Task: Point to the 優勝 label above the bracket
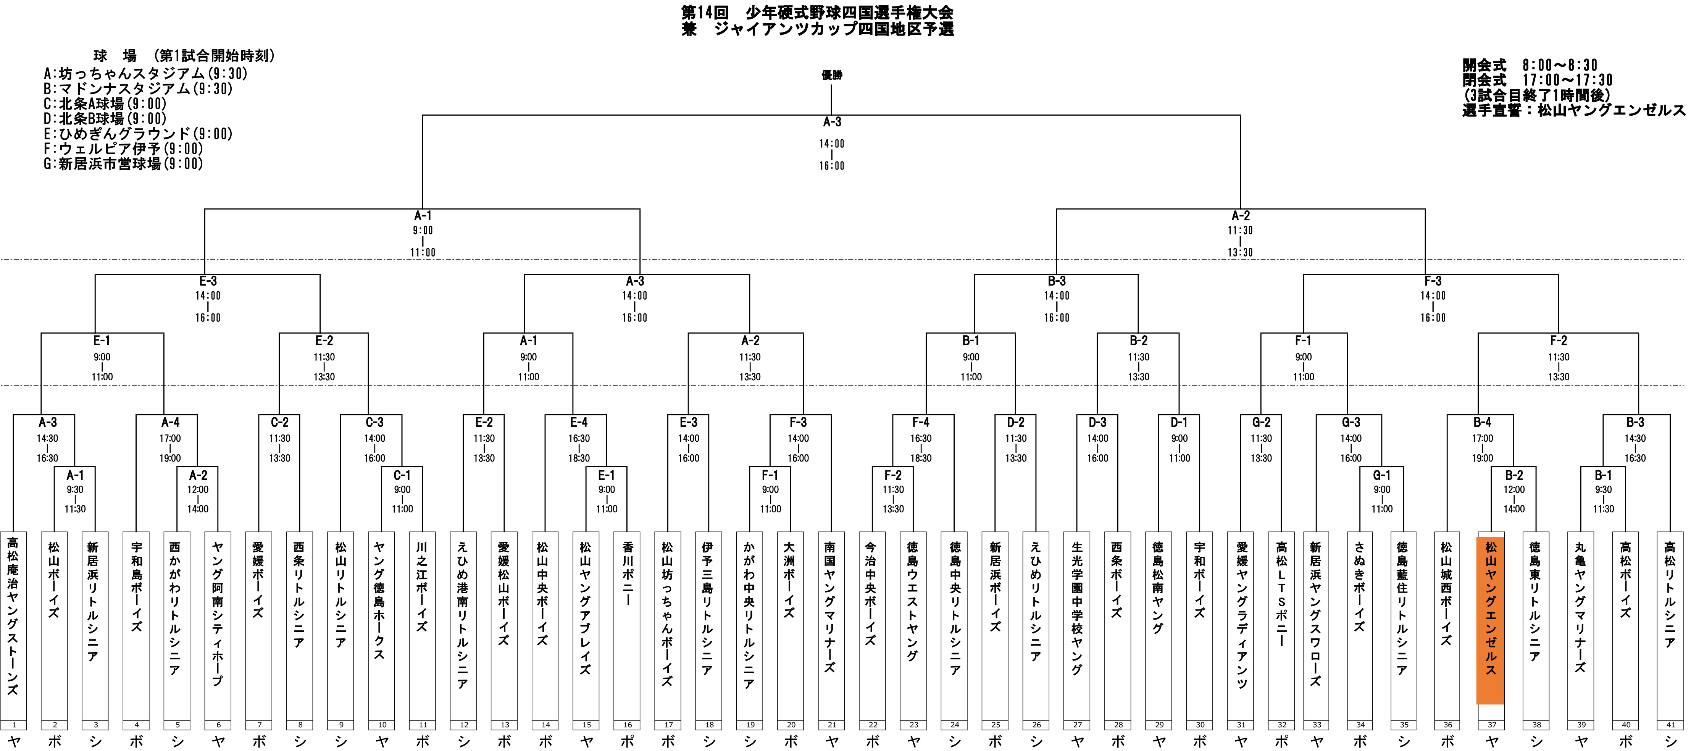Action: [832, 75]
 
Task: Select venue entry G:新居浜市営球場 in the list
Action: [123, 163]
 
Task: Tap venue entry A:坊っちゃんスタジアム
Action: [146, 74]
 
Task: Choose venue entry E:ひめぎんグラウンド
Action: [138, 134]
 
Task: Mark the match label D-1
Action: [1179, 422]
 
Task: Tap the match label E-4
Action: [578, 422]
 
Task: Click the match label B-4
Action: [1482, 422]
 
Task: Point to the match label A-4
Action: [170, 422]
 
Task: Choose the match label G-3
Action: [1351, 422]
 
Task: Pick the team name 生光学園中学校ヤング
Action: [1077, 607]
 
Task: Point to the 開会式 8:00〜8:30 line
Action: [1530, 65]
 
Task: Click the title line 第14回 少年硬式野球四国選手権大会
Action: [817, 13]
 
